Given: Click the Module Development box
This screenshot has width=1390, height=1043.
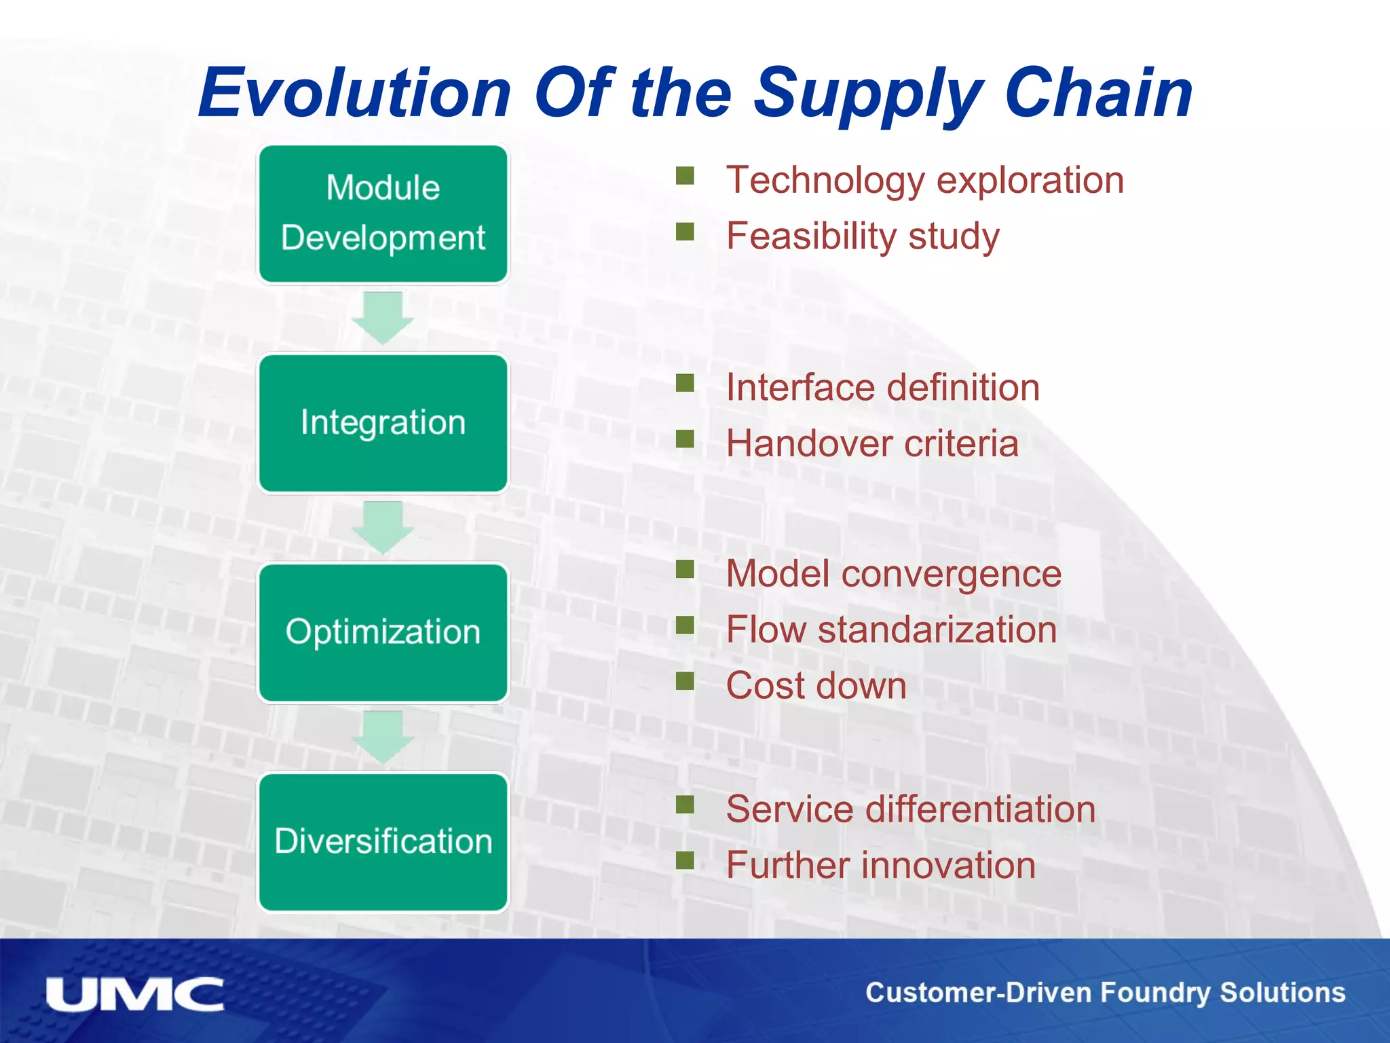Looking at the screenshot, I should [383, 213].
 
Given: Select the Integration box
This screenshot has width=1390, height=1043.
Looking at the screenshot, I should [383, 422].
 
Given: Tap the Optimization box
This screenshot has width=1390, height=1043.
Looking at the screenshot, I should [383, 632].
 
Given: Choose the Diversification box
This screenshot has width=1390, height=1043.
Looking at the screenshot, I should [383, 841].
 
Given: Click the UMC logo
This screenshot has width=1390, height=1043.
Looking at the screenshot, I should [134, 995].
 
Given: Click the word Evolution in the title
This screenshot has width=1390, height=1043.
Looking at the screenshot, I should [354, 94].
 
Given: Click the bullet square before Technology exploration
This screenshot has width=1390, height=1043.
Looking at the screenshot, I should [685, 176].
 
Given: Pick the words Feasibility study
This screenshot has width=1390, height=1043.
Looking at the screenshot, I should [863, 236].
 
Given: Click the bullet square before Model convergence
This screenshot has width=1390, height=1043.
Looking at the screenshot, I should [685, 568].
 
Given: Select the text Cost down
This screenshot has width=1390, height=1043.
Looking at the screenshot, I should [816, 685].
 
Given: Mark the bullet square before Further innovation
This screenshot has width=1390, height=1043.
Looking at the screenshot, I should [685, 860].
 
